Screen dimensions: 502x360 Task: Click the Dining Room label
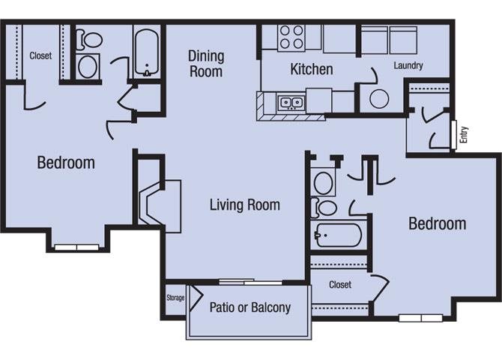(x=206, y=64)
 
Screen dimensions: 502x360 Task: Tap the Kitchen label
(x=312, y=69)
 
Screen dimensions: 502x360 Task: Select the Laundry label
(x=408, y=65)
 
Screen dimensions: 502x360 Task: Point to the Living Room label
(x=244, y=205)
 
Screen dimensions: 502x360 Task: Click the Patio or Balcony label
(x=250, y=307)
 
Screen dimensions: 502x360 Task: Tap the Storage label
(x=175, y=298)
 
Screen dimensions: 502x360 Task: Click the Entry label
(x=464, y=135)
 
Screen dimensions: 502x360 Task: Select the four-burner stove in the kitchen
(x=291, y=37)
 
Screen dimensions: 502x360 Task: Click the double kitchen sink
(x=291, y=103)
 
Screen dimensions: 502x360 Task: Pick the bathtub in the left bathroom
(x=147, y=53)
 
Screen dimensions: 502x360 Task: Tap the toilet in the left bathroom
(x=89, y=40)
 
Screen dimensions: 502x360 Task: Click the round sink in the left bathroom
(x=88, y=66)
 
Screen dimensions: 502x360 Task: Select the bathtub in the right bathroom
(x=339, y=235)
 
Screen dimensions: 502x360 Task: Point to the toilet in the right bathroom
(x=324, y=208)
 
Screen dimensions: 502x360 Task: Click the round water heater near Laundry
(x=379, y=98)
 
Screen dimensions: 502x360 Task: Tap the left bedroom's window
(x=77, y=247)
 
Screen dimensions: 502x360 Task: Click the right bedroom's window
(x=420, y=318)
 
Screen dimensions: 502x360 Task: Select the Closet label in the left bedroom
(x=40, y=55)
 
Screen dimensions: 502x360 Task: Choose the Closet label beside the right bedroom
(x=340, y=284)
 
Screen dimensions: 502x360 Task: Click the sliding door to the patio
(x=250, y=282)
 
